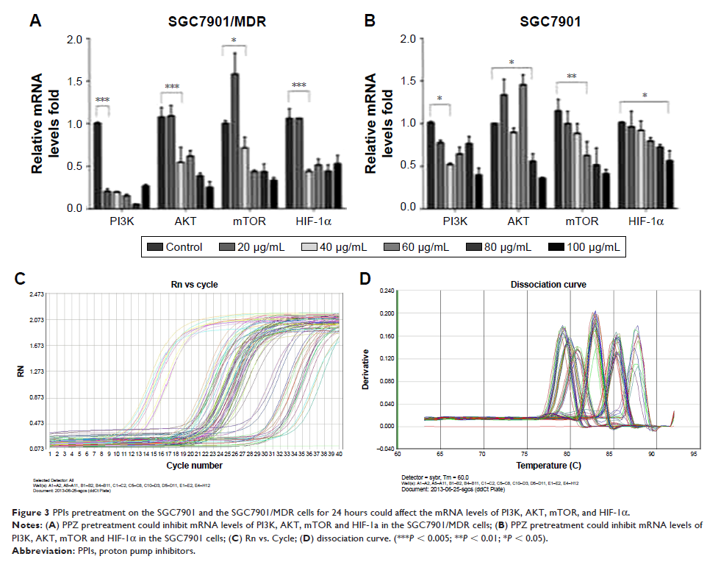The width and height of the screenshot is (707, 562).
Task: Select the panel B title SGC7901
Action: click(x=551, y=22)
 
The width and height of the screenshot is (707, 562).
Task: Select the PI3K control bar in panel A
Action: click(x=96, y=166)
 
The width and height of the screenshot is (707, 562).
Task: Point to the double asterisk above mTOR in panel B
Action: click(x=571, y=76)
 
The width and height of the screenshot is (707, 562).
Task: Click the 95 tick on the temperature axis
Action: click(x=692, y=455)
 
